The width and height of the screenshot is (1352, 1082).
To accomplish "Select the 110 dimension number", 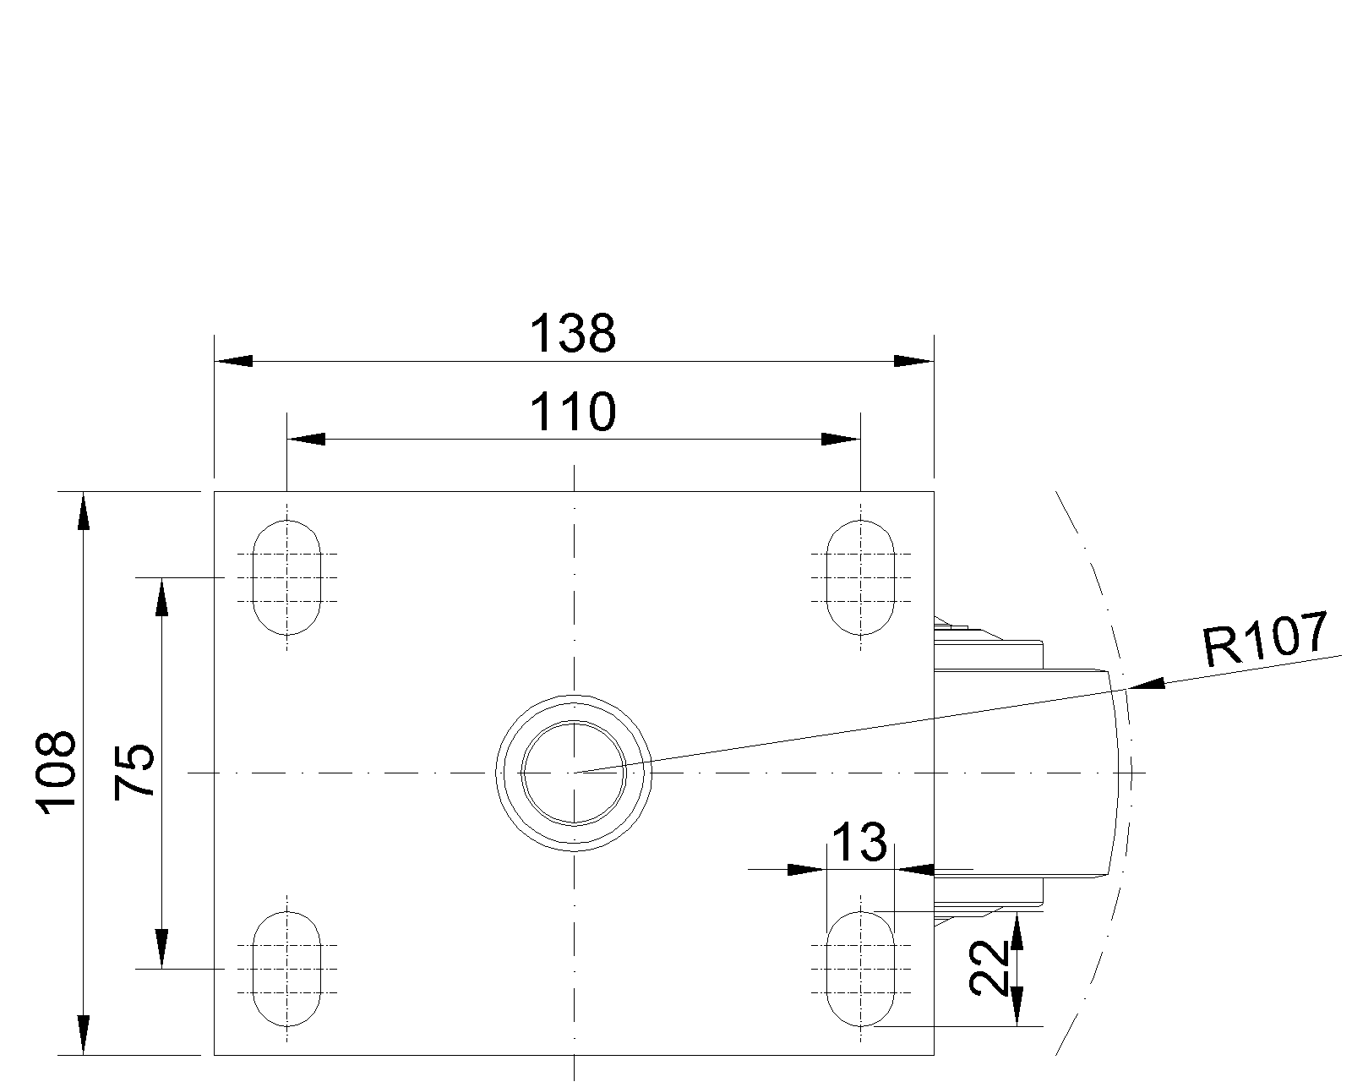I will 573,413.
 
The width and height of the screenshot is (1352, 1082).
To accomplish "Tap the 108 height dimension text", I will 57,773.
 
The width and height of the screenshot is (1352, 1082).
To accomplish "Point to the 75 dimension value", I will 135,772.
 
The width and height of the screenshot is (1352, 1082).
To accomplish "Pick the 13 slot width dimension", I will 859,843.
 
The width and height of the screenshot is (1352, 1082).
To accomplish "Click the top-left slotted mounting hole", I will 287,577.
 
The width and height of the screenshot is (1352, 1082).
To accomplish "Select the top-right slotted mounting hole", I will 860,577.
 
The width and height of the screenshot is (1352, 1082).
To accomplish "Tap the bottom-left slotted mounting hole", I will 287,968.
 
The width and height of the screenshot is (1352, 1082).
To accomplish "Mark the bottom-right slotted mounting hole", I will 860,968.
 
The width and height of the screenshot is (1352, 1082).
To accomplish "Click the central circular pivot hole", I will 574,773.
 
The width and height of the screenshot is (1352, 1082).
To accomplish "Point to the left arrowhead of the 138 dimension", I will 233,361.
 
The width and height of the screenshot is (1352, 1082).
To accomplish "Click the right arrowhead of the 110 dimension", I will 841,440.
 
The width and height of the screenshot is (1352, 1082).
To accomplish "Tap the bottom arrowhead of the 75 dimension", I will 161,948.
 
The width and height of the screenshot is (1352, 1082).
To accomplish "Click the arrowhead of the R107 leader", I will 1146,684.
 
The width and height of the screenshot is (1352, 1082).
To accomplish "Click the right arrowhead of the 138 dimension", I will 914,361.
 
